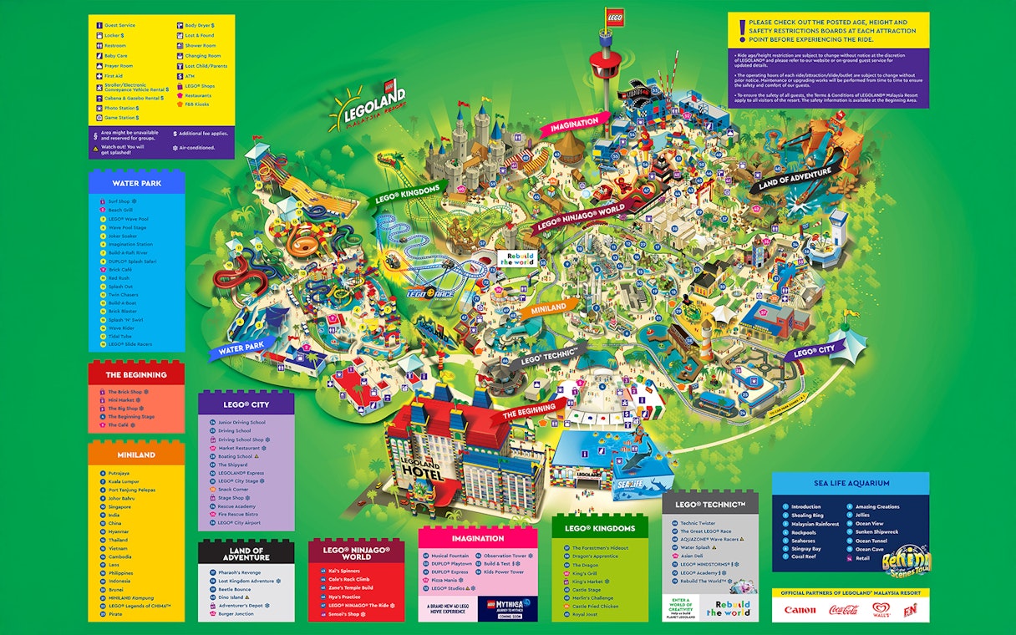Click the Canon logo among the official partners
pyautogui.click(x=800, y=610)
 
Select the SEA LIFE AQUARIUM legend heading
pyautogui.click(x=851, y=483)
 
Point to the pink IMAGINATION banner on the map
pyautogui.click(x=574, y=124)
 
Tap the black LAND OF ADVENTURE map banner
pyautogui.click(x=795, y=177)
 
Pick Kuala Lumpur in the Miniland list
pyautogui.click(x=125, y=481)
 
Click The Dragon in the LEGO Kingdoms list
pyautogui.click(x=585, y=566)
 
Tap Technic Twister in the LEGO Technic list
pyautogui.click(x=698, y=523)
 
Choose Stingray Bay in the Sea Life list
pyautogui.click(x=805, y=549)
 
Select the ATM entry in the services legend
pyautogui.click(x=189, y=76)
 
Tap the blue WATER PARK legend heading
pyautogui.click(x=137, y=182)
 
